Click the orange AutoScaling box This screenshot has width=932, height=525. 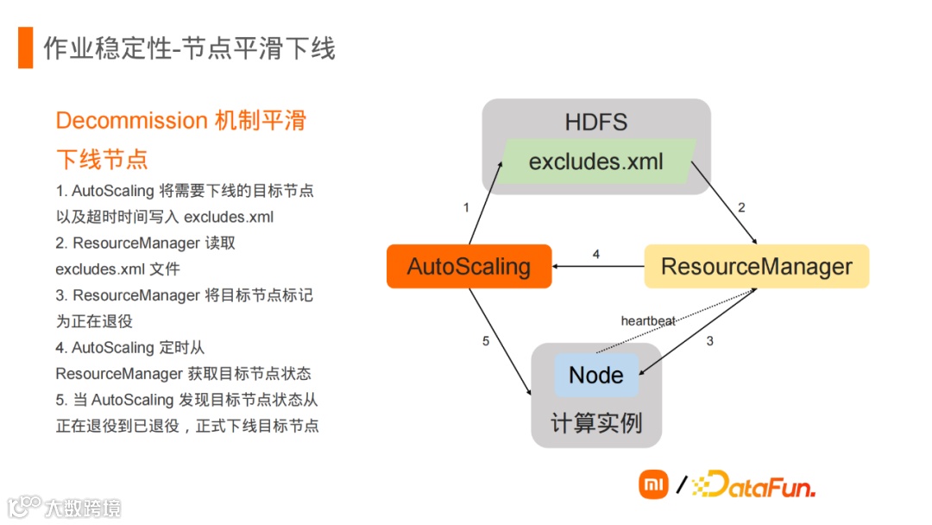(469, 267)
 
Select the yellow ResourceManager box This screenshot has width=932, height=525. (756, 267)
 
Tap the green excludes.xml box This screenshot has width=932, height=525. (596, 161)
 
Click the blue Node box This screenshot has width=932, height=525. (595, 376)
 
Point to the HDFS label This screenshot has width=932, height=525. (595, 122)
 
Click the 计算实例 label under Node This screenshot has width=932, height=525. (595, 423)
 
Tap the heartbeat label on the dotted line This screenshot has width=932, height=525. (648, 321)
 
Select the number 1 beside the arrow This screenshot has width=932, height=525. (466, 207)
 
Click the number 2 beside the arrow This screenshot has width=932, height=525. (740, 207)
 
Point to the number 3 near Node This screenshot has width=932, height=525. (710, 341)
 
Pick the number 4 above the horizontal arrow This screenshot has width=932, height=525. (595, 254)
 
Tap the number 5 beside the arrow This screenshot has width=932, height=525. (485, 341)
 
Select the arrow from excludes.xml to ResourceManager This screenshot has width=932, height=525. (723, 204)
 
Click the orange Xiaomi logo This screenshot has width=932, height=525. (653, 484)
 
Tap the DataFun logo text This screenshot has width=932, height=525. (756, 485)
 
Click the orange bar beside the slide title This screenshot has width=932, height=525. (25, 47)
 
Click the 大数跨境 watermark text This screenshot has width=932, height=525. (83, 507)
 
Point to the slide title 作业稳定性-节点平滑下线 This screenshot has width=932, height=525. (189, 48)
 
